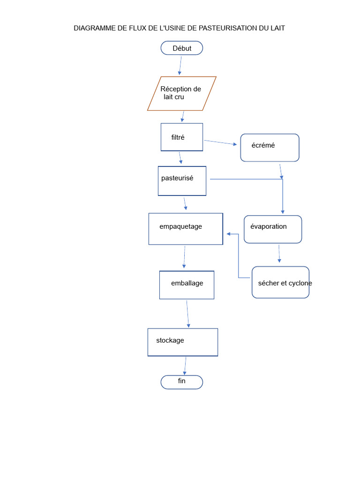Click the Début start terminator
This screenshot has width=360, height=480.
182,48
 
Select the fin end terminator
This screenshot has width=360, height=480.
182,382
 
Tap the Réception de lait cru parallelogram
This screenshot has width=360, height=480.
182,93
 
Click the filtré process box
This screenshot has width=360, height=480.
182,137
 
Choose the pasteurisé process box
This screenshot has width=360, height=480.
182,181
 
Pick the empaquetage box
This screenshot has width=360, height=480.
186,229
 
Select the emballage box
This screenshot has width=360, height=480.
187,285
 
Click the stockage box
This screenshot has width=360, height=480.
183,342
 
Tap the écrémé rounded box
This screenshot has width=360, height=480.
270,148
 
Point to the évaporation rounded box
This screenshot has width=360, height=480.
273,229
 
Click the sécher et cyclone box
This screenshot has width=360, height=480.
280,282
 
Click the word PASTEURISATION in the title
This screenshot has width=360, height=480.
227,28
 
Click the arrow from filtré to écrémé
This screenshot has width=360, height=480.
220,142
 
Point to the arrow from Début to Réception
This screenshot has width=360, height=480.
180,66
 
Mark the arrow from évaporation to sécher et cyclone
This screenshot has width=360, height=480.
279,253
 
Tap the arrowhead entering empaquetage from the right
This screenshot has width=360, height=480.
229,234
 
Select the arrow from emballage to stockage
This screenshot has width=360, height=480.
187,314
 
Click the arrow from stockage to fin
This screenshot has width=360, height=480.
185,366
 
